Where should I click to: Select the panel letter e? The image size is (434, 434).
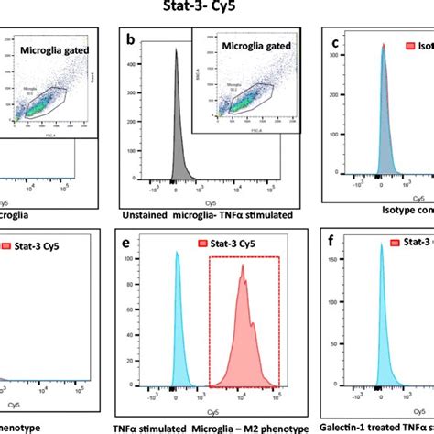point(135,242)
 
